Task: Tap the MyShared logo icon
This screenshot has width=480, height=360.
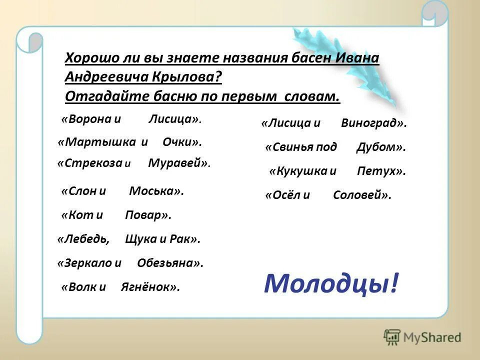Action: pos(392,337)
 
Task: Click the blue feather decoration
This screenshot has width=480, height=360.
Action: pos(350,65)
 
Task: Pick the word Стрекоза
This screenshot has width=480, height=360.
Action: pos(90,163)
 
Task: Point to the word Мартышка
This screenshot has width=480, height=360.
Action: pos(97,142)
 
